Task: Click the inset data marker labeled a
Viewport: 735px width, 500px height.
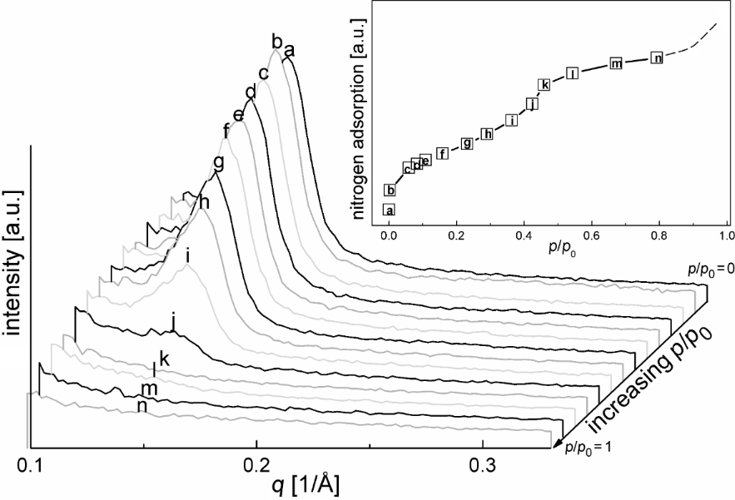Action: (x=390, y=210)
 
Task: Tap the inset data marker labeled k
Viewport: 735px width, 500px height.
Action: (x=544, y=84)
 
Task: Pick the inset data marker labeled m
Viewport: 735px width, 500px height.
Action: (x=616, y=63)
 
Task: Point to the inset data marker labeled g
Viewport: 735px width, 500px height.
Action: (x=467, y=143)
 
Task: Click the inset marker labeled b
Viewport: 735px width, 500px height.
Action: (x=390, y=191)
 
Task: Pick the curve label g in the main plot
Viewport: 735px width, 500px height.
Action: (x=218, y=162)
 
